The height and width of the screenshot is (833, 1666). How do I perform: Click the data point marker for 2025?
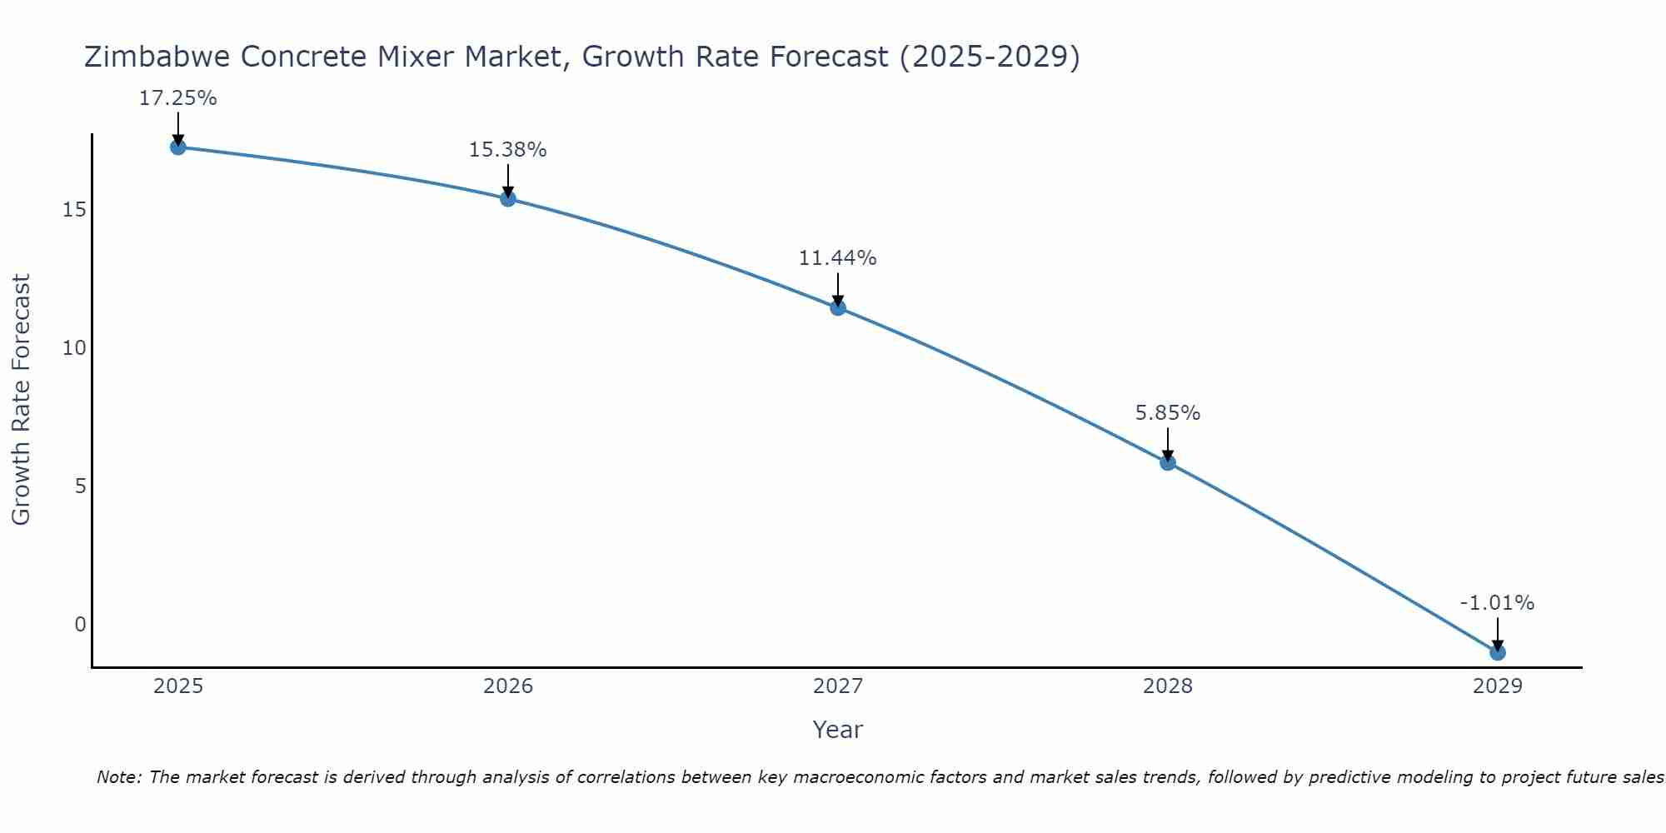[x=177, y=147]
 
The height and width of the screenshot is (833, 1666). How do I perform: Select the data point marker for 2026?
[x=507, y=198]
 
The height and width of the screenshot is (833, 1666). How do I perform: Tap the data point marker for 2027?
[x=837, y=307]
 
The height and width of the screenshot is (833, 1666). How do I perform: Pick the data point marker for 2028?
[x=1167, y=462]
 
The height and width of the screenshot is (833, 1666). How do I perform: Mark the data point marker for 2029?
[x=1497, y=652]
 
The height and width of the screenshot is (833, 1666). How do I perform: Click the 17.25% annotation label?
[x=177, y=98]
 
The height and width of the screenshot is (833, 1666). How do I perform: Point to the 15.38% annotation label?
[x=507, y=150]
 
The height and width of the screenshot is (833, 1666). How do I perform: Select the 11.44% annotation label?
[x=837, y=258]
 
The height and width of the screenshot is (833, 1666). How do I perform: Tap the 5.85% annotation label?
[x=1167, y=413]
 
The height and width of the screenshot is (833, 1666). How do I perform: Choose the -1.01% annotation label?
[x=1496, y=603]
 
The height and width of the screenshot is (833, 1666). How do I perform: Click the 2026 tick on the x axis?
[x=508, y=686]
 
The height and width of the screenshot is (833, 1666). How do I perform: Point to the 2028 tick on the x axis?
[x=1167, y=686]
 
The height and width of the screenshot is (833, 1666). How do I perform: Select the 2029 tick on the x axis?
[x=1497, y=686]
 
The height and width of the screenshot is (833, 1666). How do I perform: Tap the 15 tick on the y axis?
[x=74, y=209]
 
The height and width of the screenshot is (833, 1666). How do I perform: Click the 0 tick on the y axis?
[x=80, y=625]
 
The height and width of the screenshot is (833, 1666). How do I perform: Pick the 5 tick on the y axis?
[x=80, y=486]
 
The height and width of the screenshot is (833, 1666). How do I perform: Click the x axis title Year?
[x=837, y=730]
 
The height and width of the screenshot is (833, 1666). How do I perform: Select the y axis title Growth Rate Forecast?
[x=21, y=400]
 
